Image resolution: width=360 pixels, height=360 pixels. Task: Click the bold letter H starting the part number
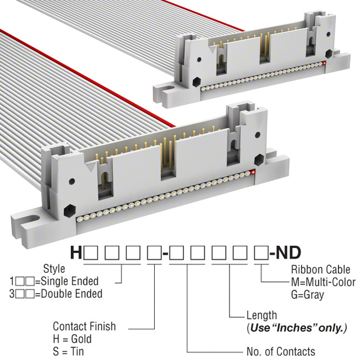[x=76, y=253]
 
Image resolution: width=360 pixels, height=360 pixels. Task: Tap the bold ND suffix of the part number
[x=288, y=253]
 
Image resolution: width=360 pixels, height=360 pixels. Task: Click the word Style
[x=54, y=269]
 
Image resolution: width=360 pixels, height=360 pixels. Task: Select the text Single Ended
[x=70, y=281]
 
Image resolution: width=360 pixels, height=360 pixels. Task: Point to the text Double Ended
[x=71, y=294]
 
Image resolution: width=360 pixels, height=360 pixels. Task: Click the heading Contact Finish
[x=84, y=326]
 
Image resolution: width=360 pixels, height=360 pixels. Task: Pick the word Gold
[x=81, y=339]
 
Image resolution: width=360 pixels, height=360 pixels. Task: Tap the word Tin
[x=76, y=352]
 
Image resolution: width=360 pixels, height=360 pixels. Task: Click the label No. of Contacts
[x=281, y=352]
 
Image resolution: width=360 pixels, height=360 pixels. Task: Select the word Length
[x=262, y=316]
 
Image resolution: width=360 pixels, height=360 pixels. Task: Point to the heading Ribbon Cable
[x=321, y=269]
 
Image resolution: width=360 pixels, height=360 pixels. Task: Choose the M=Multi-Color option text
[x=323, y=282]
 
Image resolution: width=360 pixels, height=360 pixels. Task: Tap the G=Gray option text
[x=308, y=295]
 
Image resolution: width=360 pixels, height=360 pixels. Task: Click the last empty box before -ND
[x=261, y=253]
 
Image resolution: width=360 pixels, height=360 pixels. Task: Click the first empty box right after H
[x=91, y=253]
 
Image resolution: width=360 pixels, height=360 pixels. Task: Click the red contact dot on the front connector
[x=253, y=172]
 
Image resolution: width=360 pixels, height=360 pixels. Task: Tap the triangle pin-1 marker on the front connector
[x=91, y=166]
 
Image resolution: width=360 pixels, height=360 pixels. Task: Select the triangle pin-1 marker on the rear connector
[x=213, y=49]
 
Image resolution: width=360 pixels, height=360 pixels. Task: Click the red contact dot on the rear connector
[x=324, y=63]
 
